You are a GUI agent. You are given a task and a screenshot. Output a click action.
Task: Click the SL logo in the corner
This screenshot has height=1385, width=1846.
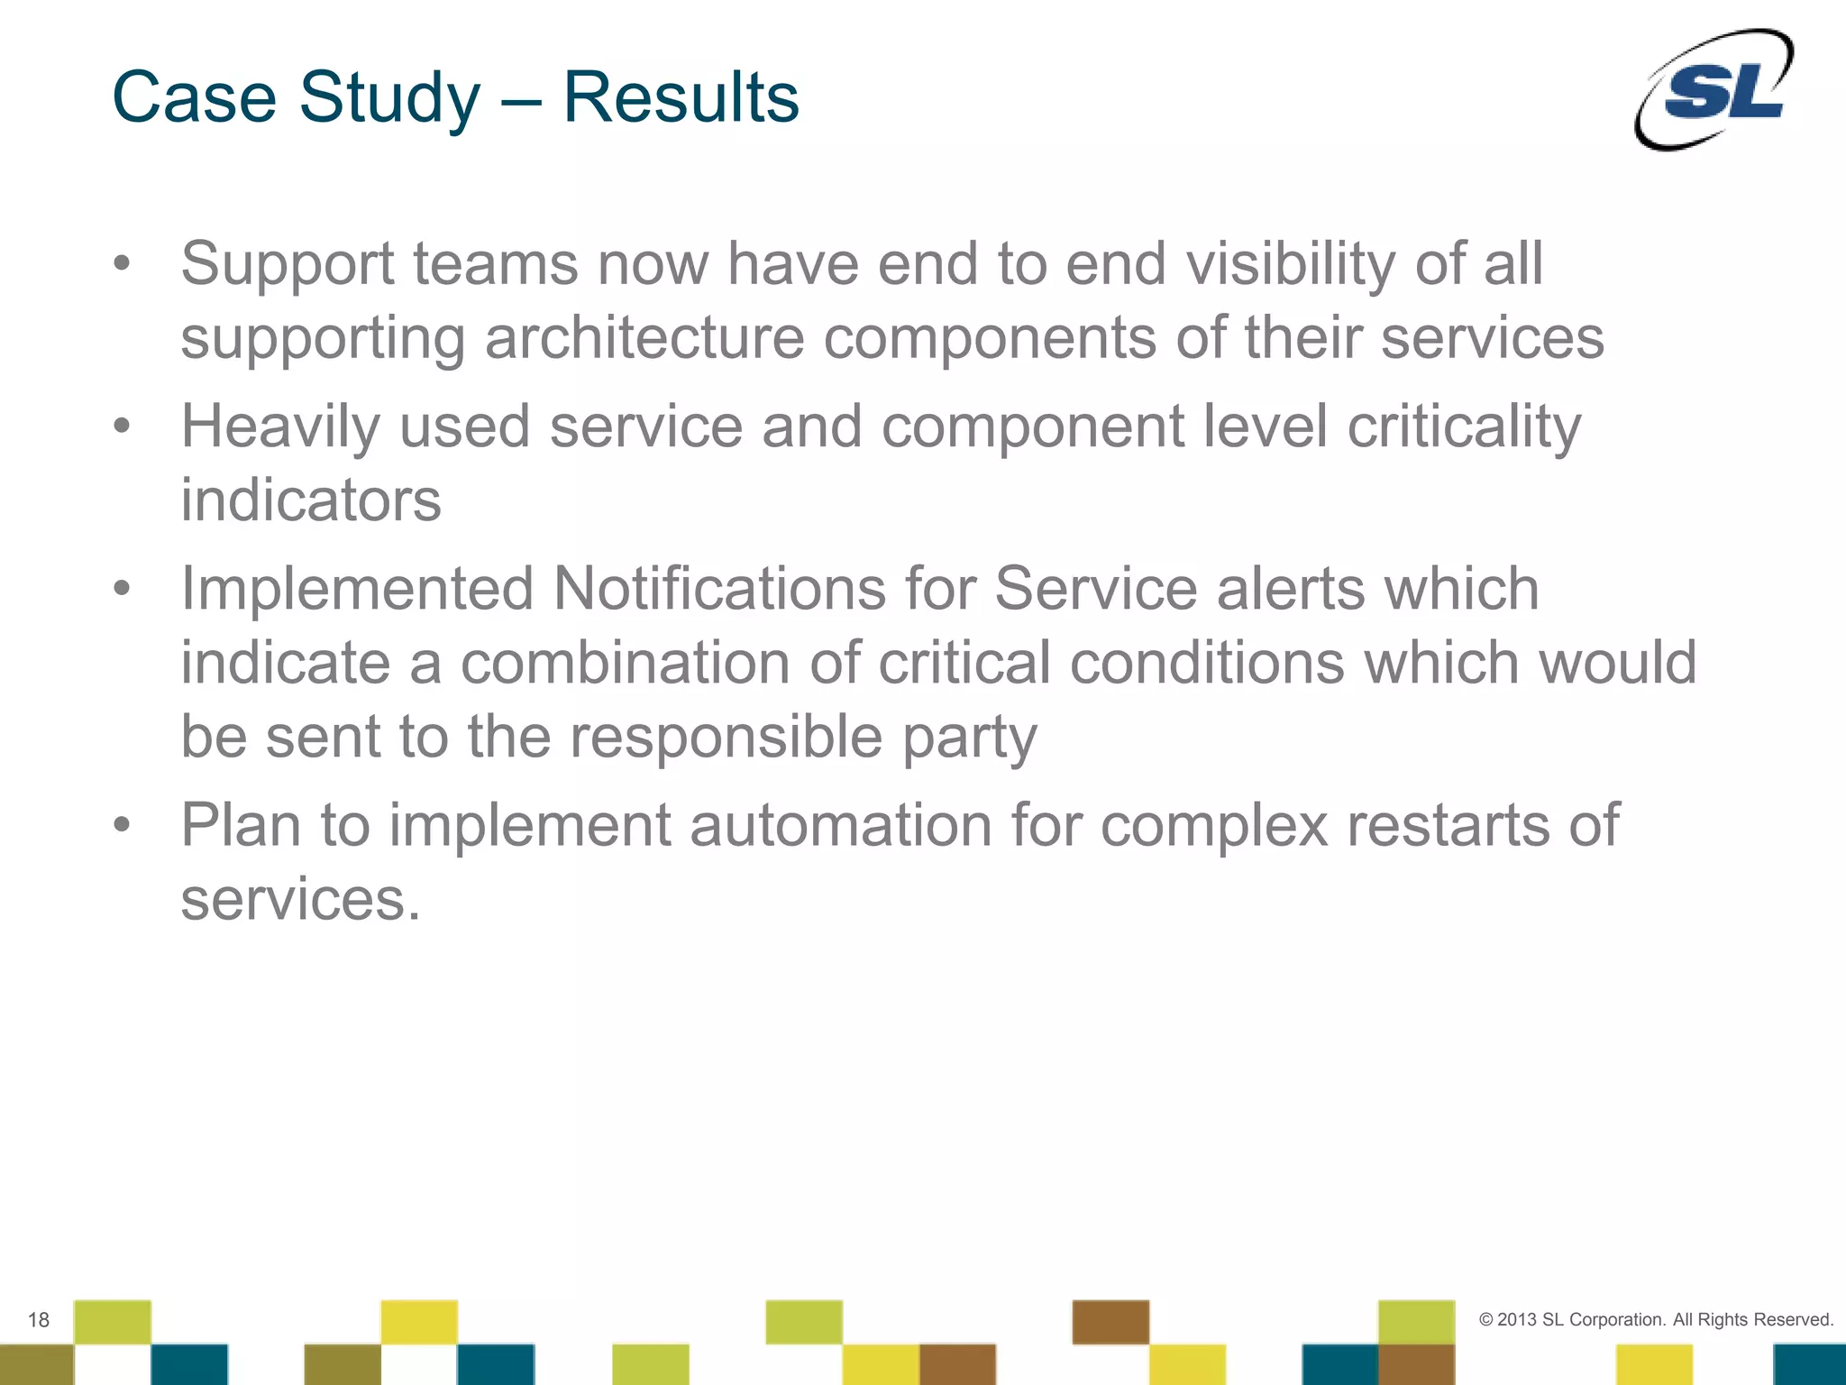pyautogui.click(x=1714, y=90)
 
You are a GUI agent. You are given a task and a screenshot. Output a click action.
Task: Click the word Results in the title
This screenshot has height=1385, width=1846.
pyautogui.click(x=681, y=97)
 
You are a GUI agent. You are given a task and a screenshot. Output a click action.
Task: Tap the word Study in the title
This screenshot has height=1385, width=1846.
pyautogui.click(x=389, y=97)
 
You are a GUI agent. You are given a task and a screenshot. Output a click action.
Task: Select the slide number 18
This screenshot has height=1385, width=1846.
pyautogui.click(x=38, y=1320)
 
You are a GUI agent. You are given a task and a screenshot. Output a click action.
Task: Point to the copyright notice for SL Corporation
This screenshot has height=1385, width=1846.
pyautogui.click(x=1656, y=1319)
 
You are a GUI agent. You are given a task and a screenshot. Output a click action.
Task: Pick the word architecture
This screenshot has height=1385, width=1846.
pyautogui.click(x=644, y=338)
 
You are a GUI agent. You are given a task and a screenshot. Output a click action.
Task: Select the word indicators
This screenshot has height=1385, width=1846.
pyautogui.click(x=311, y=500)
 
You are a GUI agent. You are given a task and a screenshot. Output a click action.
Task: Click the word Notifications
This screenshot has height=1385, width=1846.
pyautogui.click(x=719, y=589)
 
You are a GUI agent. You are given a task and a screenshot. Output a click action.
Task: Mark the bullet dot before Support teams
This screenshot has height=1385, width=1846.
pyautogui.click(x=123, y=264)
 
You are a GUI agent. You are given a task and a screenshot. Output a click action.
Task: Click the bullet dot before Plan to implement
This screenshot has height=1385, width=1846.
pyautogui.click(x=123, y=825)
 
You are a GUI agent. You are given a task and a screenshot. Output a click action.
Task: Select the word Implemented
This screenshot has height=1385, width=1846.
pyautogui.click(x=357, y=589)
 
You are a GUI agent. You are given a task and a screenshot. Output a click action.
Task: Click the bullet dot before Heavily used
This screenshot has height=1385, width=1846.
pyautogui.click(x=123, y=427)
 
